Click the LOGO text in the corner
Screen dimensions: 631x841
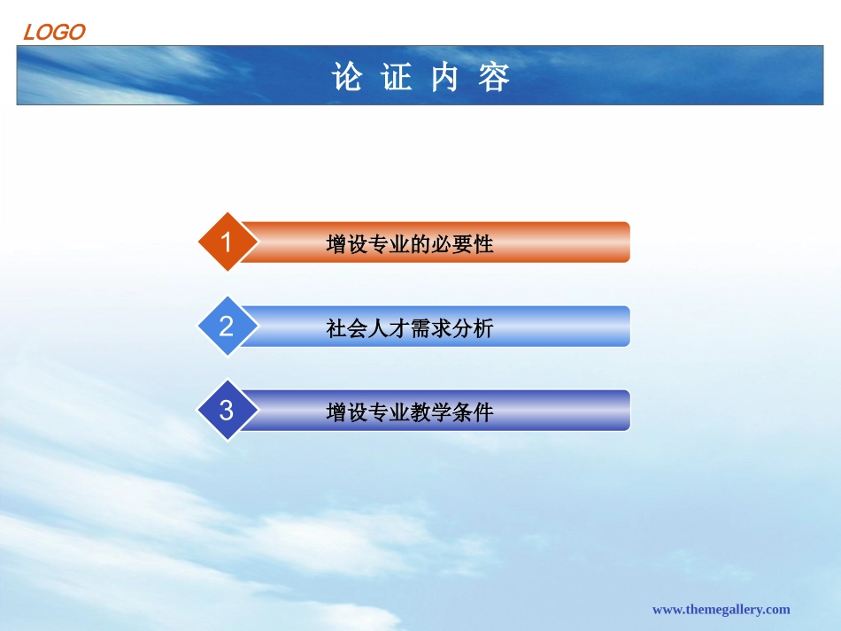pyautogui.click(x=53, y=33)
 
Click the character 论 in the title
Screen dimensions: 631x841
pyautogui.click(x=347, y=78)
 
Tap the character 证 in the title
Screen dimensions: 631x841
pyautogui.click(x=396, y=78)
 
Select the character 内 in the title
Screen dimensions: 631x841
pyautogui.click(x=445, y=78)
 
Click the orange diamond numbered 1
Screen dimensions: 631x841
pyautogui.click(x=227, y=242)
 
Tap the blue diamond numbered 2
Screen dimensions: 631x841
pyautogui.click(x=227, y=327)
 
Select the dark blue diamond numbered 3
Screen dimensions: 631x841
pyautogui.click(x=227, y=411)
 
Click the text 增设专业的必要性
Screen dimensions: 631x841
pyautogui.click(x=409, y=244)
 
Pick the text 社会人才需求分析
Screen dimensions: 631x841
pyautogui.click(x=409, y=328)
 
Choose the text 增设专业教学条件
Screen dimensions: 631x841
pyautogui.click(x=409, y=412)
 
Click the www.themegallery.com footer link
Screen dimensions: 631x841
pyautogui.click(x=721, y=609)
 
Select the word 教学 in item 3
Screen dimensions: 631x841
pyautogui.click(x=430, y=412)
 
